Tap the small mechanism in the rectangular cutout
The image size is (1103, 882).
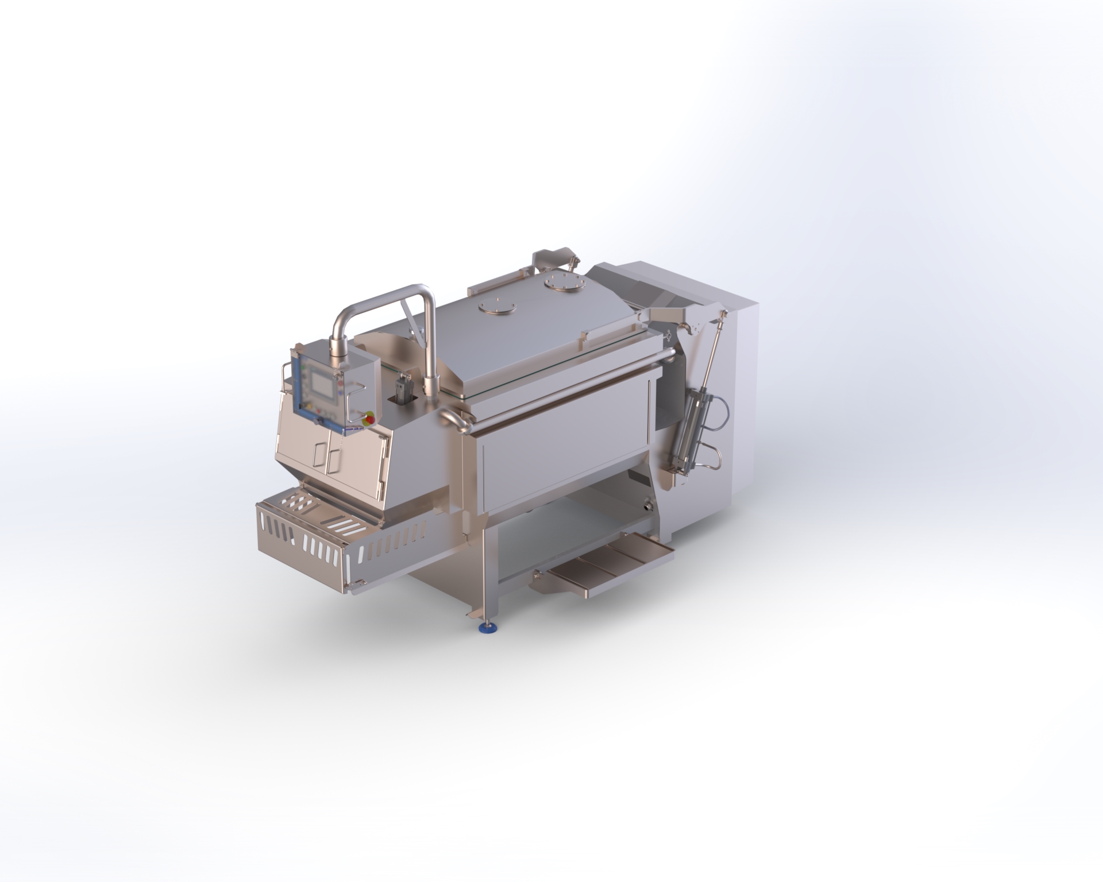[404, 383]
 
